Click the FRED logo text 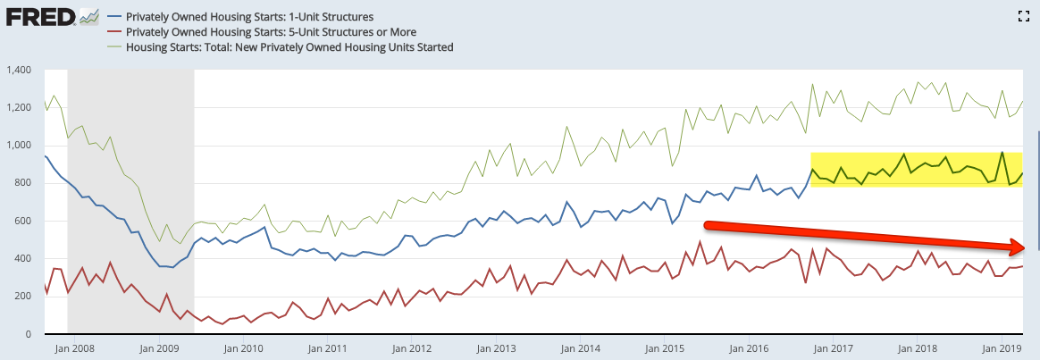click(x=40, y=17)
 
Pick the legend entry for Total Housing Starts click(x=289, y=46)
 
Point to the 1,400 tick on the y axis click(x=17, y=70)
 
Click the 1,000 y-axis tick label click(x=17, y=146)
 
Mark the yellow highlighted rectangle click(x=918, y=169)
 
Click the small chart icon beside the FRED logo click(x=88, y=16)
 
